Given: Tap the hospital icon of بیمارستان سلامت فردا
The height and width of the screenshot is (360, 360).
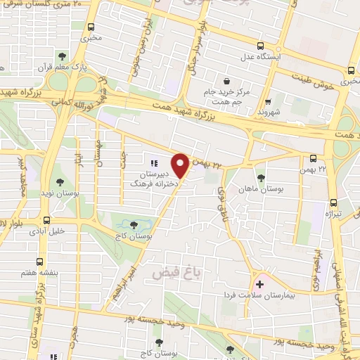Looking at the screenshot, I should pyautogui.click(x=259, y=285).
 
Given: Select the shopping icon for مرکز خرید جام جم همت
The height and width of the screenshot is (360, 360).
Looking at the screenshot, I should pyautogui.click(x=226, y=79).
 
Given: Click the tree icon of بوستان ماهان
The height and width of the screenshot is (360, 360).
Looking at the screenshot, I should pyautogui.click(x=262, y=177).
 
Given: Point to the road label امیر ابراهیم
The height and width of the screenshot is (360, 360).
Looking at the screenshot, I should pyautogui.click(x=134, y=281).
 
